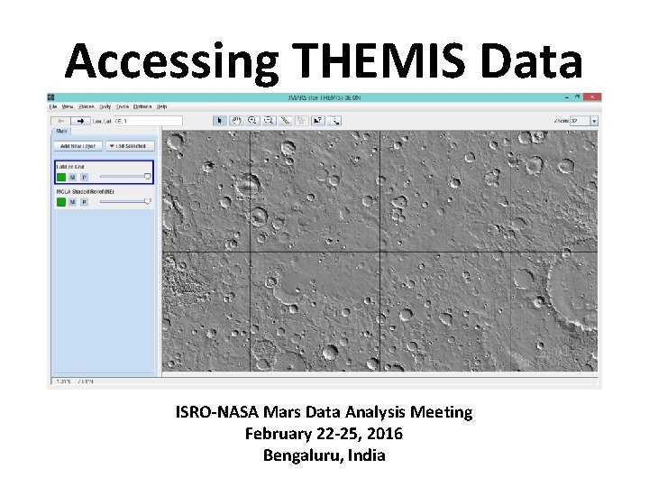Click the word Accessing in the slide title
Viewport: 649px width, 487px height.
coord(170,61)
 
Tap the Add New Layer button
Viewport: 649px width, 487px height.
coord(77,145)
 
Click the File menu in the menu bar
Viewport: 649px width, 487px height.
coord(53,106)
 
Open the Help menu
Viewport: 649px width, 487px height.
coord(162,106)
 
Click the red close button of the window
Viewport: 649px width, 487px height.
coord(593,96)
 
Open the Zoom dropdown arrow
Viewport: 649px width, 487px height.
coord(619,119)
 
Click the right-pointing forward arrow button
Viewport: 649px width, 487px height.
coord(79,120)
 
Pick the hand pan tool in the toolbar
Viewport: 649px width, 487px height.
coord(235,119)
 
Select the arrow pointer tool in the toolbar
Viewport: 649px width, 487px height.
coord(219,119)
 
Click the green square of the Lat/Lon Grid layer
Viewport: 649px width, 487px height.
coord(60,177)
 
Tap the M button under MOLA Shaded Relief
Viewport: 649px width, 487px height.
coord(73,202)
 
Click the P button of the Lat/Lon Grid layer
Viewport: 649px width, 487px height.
coord(84,177)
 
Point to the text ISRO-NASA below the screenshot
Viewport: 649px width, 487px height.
coord(217,412)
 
